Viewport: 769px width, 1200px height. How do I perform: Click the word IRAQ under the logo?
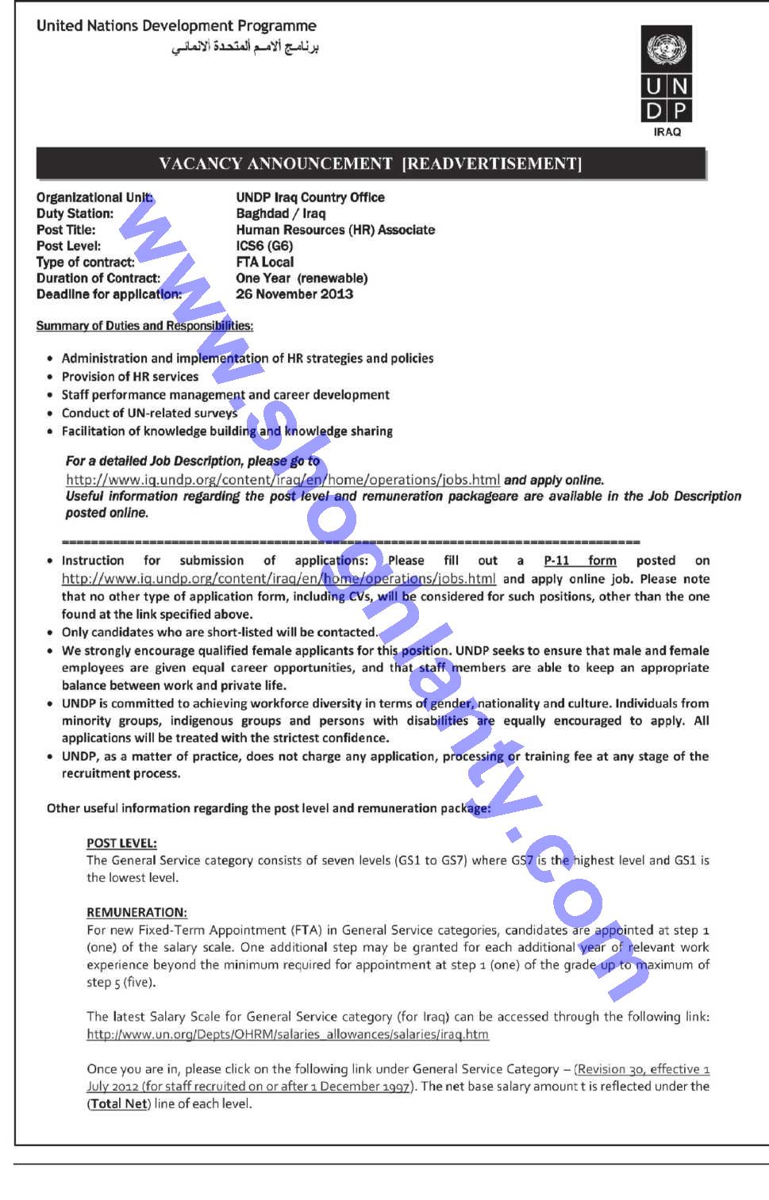click(667, 132)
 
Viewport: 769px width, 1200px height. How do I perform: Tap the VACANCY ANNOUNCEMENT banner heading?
click(371, 163)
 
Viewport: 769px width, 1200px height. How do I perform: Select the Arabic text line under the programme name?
click(244, 48)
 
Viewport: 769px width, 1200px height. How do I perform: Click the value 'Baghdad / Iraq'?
click(280, 213)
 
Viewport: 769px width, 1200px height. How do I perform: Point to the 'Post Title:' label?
click(66, 230)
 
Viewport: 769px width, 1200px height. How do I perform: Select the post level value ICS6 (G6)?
click(264, 246)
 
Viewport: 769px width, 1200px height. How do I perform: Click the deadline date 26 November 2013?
click(294, 294)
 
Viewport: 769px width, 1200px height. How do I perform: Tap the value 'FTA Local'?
click(264, 262)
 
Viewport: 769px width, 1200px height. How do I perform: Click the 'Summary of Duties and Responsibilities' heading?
click(144, 326)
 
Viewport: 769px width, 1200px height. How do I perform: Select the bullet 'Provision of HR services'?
click(130, 377)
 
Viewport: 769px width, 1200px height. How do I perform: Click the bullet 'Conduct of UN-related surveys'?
click(149, 413)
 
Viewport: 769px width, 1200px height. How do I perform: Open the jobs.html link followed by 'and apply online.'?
click(283, 480)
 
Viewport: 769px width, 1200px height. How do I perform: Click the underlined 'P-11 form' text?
click(579, 561)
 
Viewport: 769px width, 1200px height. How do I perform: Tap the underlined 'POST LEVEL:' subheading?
click(121, 843)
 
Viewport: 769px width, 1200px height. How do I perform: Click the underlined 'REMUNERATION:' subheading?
click(136, 912)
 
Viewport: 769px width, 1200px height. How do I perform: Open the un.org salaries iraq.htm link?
click(287, 1034)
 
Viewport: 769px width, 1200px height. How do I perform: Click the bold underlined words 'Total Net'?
click(119, 1103)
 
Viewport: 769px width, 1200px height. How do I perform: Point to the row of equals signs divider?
click(350, 542)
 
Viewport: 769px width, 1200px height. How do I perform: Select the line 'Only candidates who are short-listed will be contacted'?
click(219, 632)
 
